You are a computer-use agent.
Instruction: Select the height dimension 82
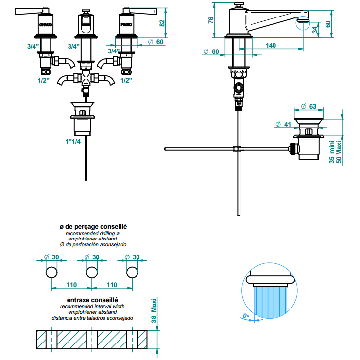coord(163,21)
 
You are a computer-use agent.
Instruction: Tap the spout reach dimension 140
coord(271,45)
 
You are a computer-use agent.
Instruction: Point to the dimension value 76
coord(210,20)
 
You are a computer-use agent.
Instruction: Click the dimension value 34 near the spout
coord(315,30)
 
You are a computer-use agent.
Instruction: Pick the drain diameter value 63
coord(312,106)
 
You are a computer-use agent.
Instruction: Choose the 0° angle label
coord(245,316)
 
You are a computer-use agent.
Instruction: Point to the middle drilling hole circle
coord(91,272)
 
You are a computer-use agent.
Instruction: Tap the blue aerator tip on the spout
coord(303,20)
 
